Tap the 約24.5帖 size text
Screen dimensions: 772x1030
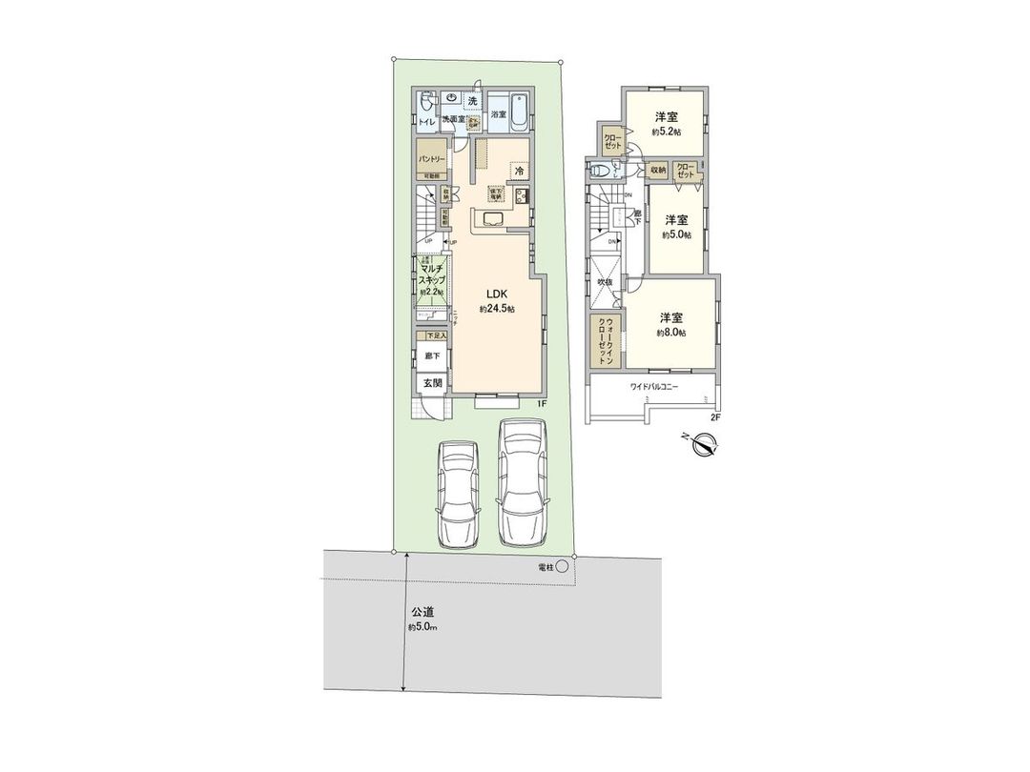tap(498, 310)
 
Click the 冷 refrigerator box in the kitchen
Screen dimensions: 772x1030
tap(520, 171)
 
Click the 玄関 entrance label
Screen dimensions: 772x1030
tap(432, 383)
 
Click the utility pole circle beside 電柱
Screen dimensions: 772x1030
tap(562, 567)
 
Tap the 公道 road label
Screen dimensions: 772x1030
tap(423, 612)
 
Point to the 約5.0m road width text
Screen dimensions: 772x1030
tap(423, 627)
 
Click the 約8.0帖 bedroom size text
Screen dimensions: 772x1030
tap(670, 333)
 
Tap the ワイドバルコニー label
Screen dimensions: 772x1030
tap(653, 387)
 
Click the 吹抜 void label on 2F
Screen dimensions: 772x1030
tap(605, 282)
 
